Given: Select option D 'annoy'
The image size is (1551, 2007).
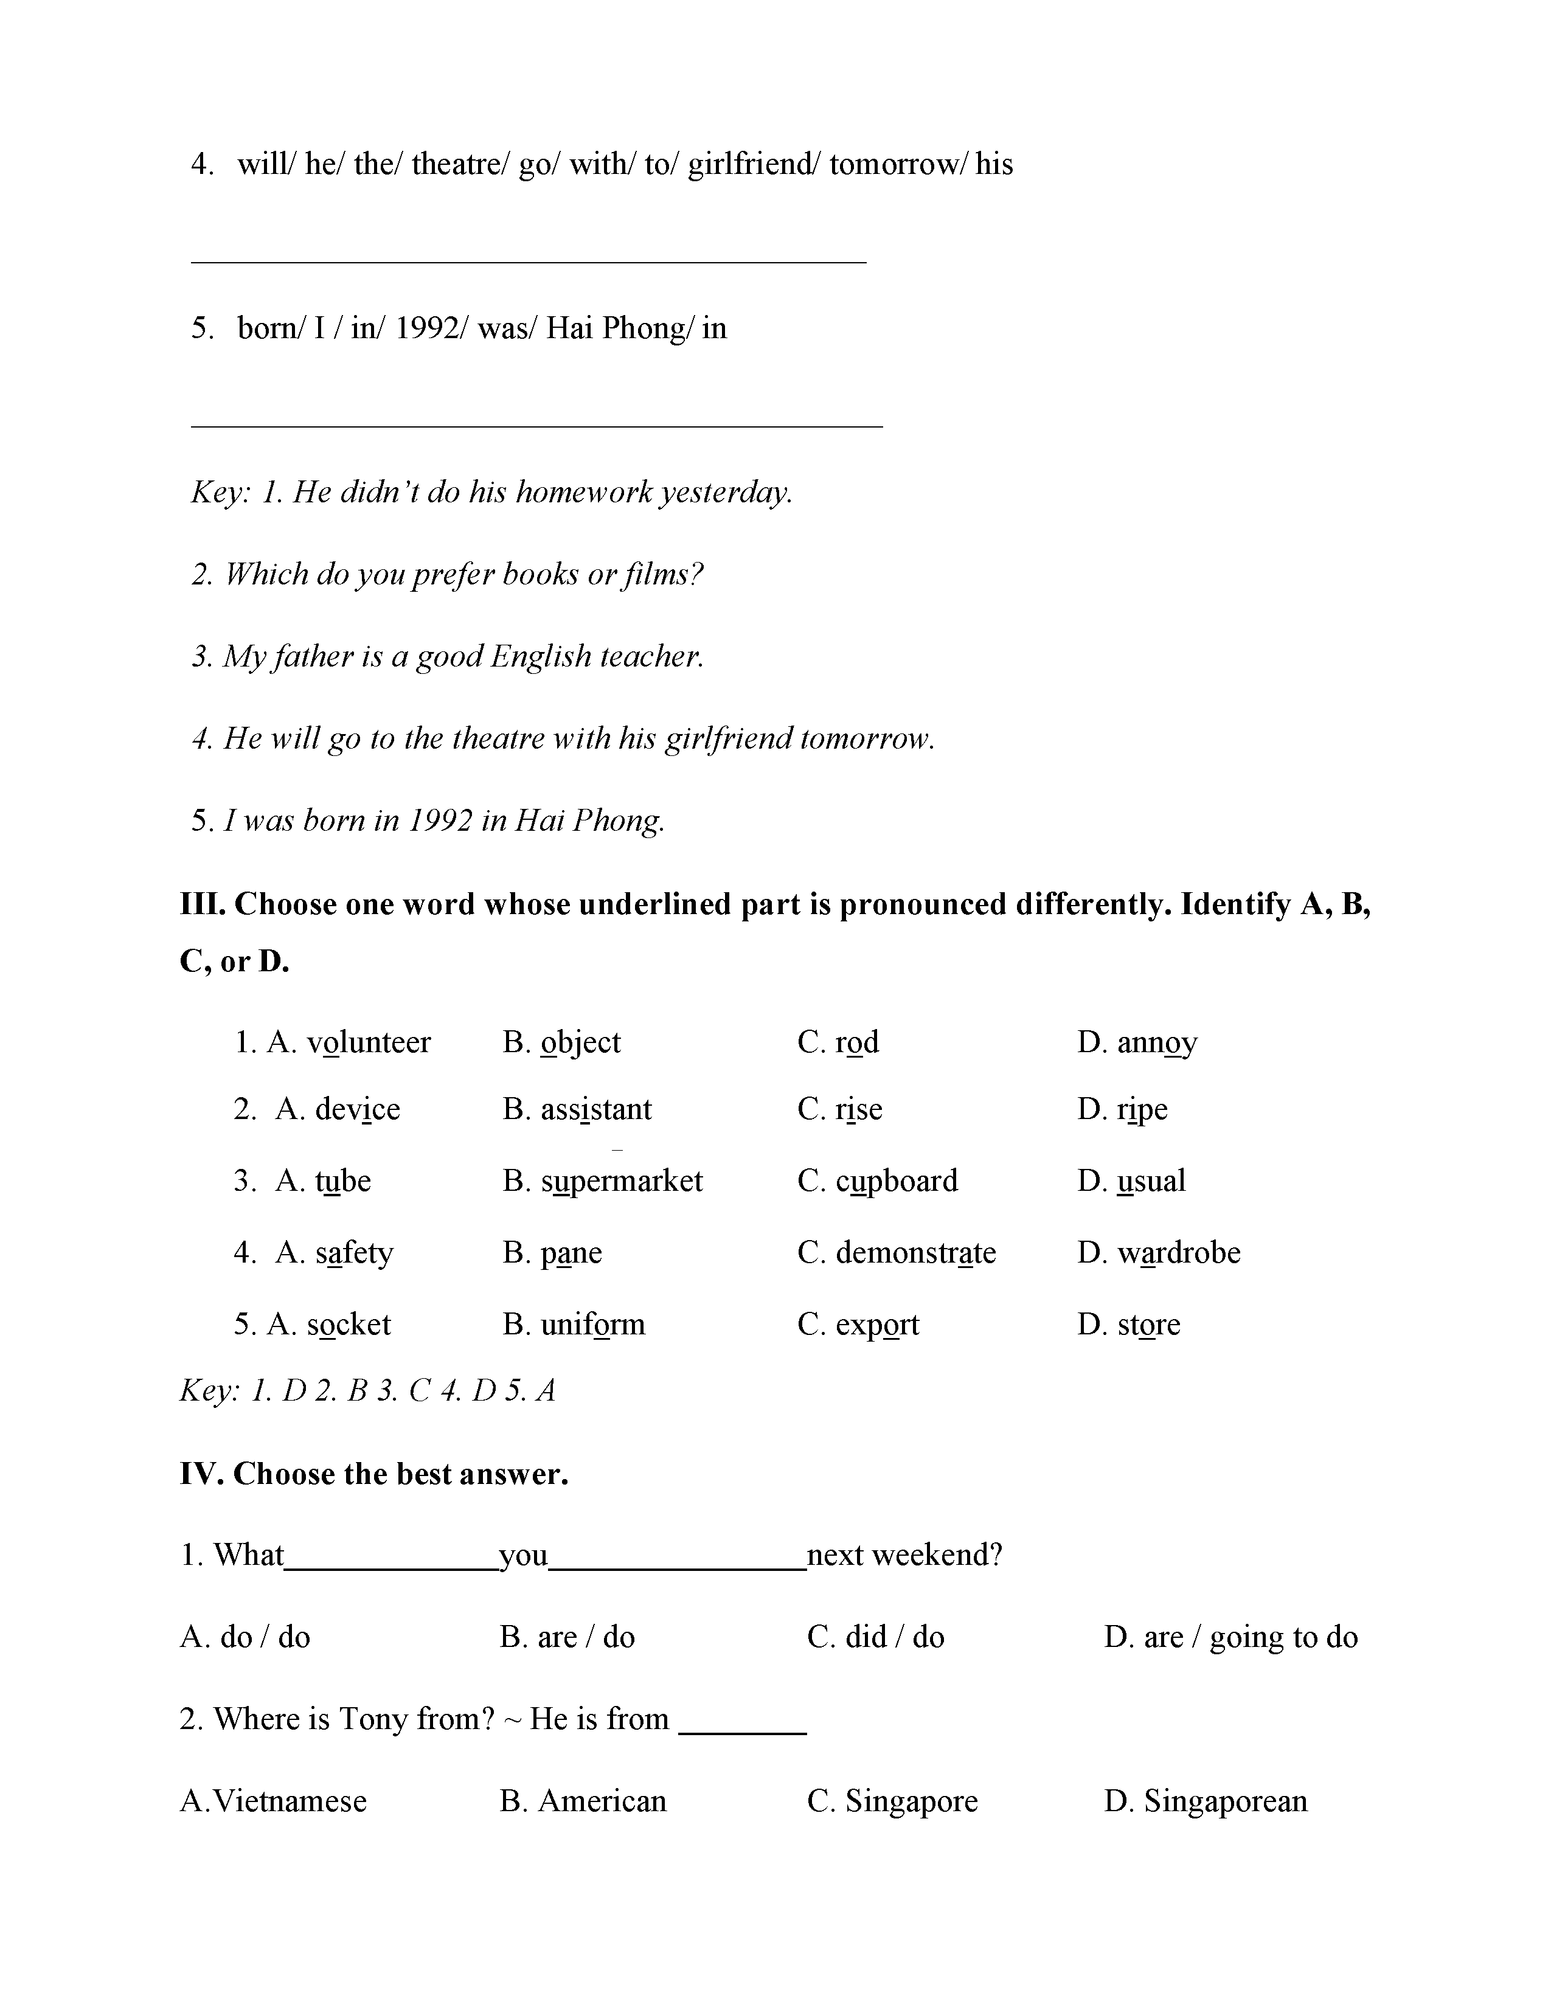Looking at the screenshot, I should tap(1157, 1042).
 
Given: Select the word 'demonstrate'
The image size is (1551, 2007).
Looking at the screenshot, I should tap(915, 1252).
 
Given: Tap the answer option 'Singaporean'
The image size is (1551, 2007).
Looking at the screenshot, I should tap(1225, 1800).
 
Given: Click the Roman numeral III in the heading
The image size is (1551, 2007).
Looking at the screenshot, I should tap(202, 904).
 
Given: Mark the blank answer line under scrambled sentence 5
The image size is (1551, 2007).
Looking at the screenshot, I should tap(536, 426).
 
